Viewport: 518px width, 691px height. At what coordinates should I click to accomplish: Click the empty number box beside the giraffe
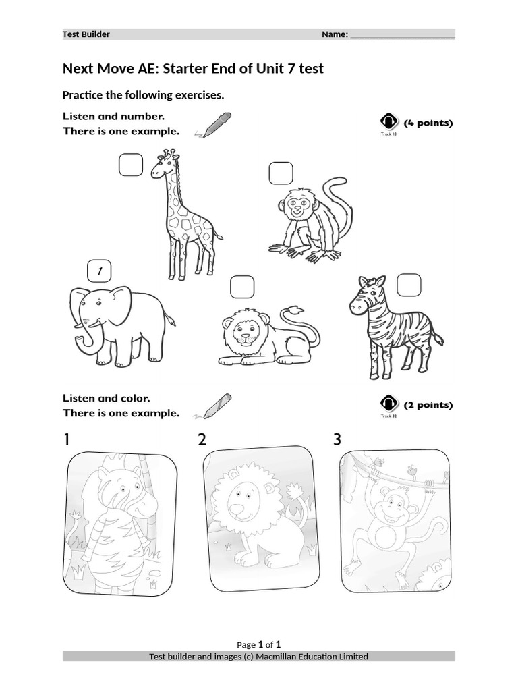pyautogui.click(x=132, y=165)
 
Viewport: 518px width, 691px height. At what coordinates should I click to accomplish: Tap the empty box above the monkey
pyautogui.click(x=281, y=173)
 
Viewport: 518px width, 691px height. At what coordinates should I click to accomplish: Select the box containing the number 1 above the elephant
pyautogui.click(x=99, y=271)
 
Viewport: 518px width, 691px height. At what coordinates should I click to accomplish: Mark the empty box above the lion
pyautogui.click(x=242, y=287)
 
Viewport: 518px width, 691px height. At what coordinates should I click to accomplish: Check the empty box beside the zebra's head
pyautogui.click(x=408, y=285)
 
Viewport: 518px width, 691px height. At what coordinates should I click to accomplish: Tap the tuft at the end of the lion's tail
pyautogui.click(x=294, y=311)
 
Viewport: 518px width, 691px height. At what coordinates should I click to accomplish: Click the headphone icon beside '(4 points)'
pyautogui.click(x=389, y=122)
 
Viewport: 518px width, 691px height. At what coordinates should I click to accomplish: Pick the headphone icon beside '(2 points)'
pyautogui.click(x=389, y=404)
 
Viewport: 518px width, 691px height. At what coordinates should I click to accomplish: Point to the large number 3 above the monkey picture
pyautogui.click(x=337, y=440)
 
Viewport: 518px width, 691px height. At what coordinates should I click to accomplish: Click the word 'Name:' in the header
pyautogui.click(x=335, y=34)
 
